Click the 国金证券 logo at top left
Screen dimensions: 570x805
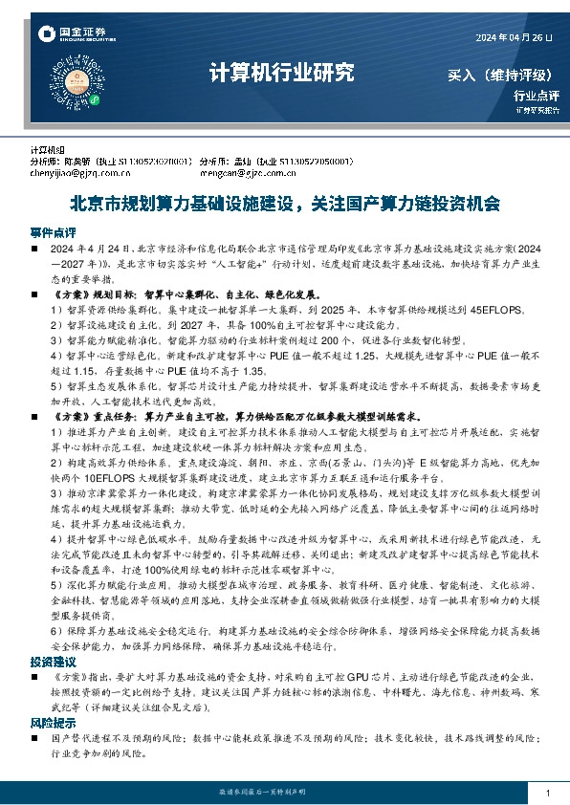[72, 35]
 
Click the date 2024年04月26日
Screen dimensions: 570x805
[514, 36]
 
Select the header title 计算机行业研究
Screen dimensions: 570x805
[280, 72]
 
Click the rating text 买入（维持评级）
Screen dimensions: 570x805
[503, 74]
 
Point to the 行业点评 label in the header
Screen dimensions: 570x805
[536, 95]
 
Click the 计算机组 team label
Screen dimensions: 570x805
[46, 150]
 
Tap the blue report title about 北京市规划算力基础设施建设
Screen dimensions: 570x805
[284, 204]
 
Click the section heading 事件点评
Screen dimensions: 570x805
[53, 232]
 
